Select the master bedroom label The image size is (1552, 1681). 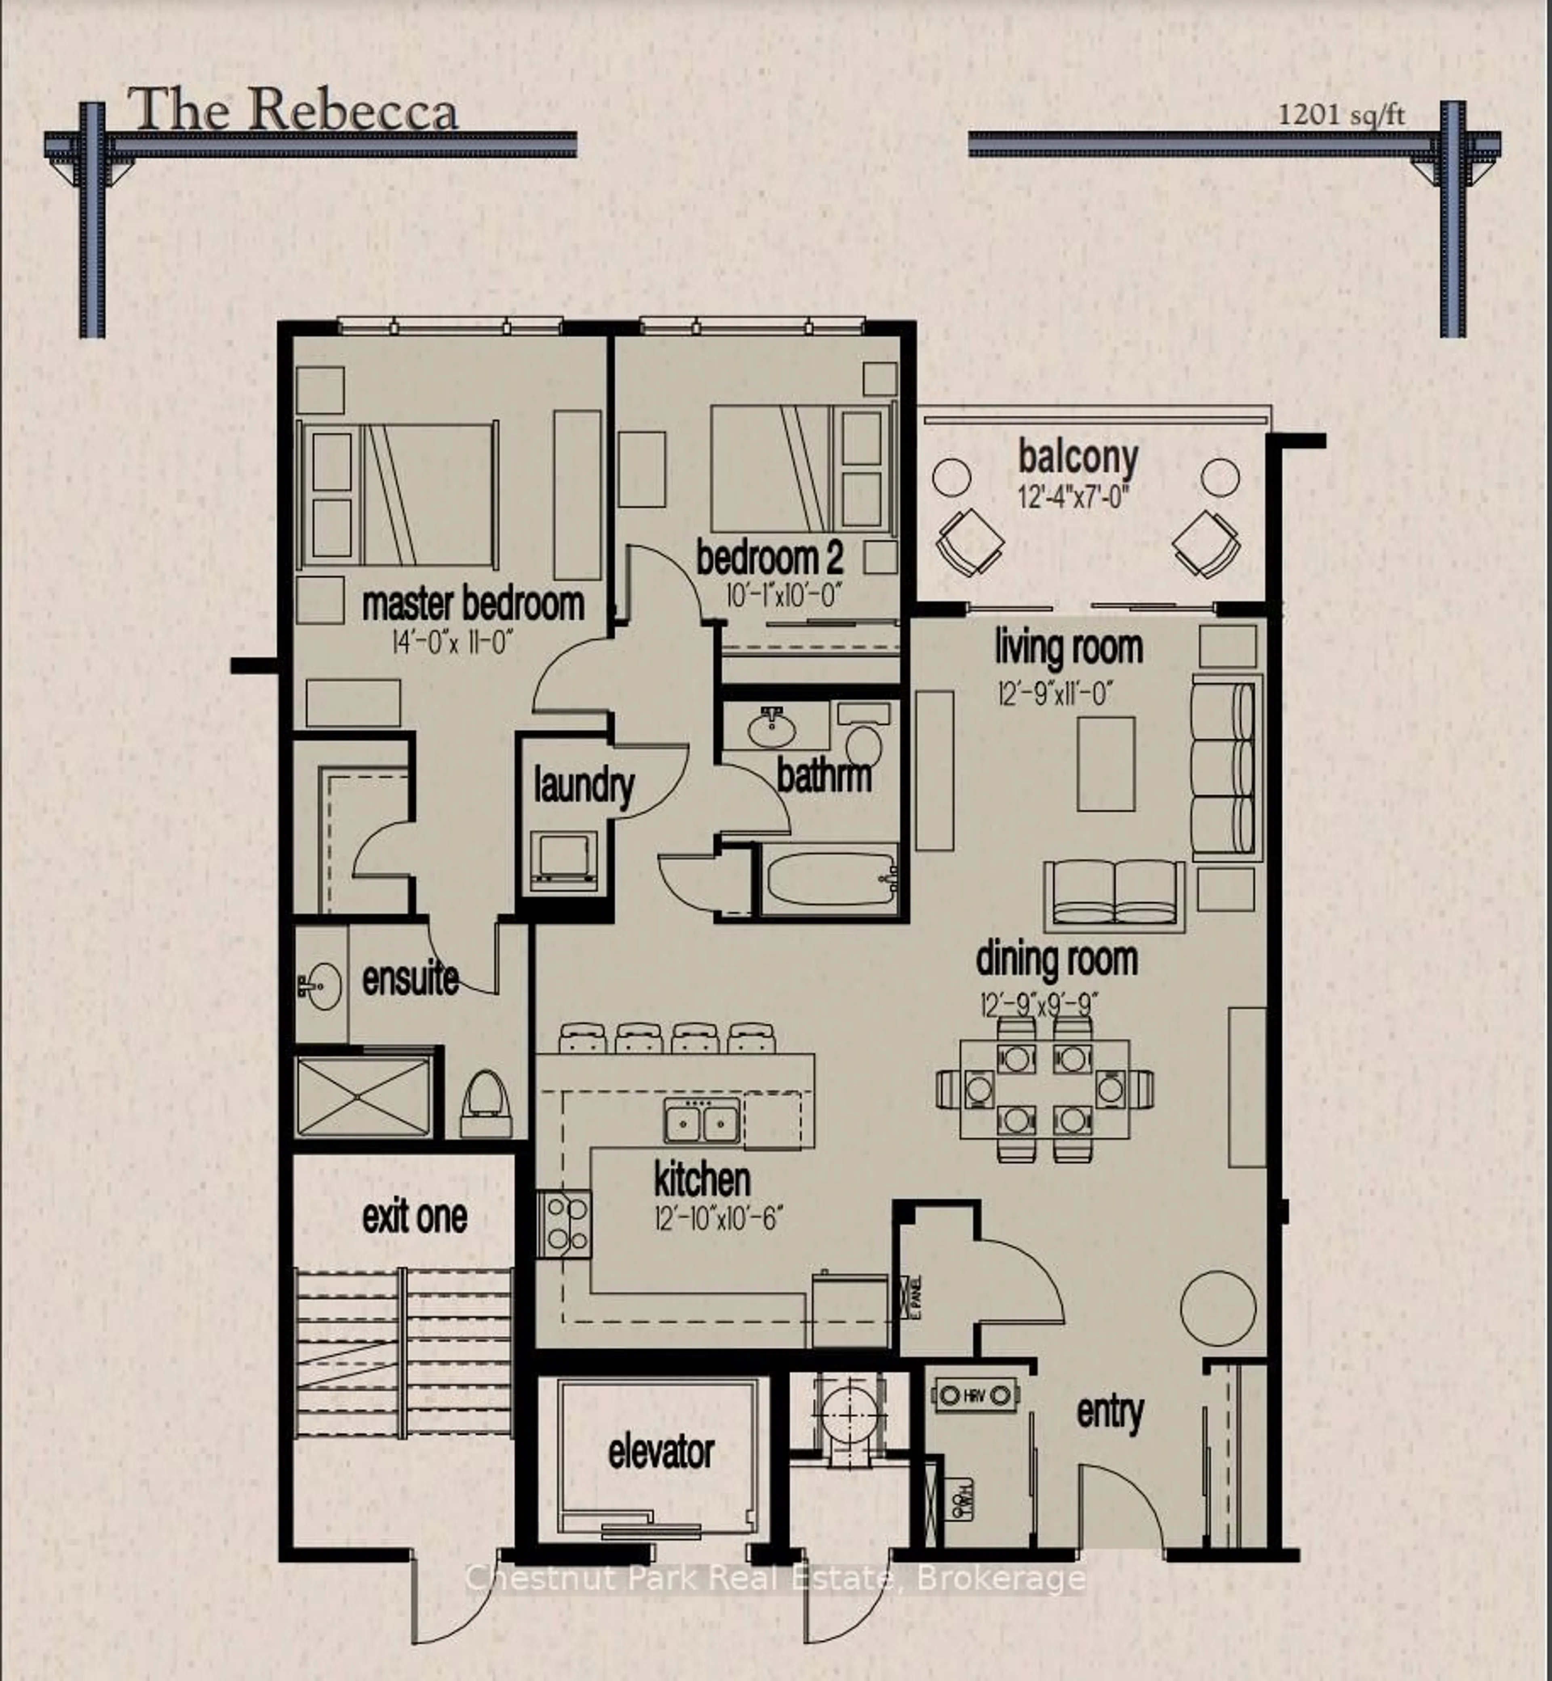coord(473,605)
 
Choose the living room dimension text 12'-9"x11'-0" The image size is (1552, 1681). coord(1056,695)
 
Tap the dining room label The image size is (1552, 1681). coord(1056,960)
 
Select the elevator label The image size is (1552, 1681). coord(661,1453)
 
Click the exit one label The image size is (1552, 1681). coord(414,1217)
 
